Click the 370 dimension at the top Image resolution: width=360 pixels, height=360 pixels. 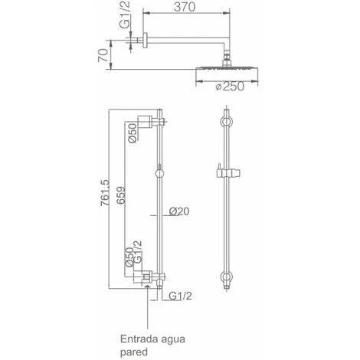click(185, 7)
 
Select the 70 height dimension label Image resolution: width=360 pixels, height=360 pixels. click(103, 55)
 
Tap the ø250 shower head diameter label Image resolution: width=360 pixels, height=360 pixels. click(230, 87)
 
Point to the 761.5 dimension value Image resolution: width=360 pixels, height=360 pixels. click(105, 193)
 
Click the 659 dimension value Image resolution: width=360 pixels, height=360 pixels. click(121, 195)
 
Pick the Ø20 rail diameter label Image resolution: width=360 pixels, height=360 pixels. click(179, 211)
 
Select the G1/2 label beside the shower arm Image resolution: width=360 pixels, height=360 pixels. click(125, 15)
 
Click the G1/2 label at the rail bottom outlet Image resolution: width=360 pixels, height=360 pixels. click(180, 296)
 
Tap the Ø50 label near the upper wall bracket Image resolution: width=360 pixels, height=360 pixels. click(133, 133)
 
